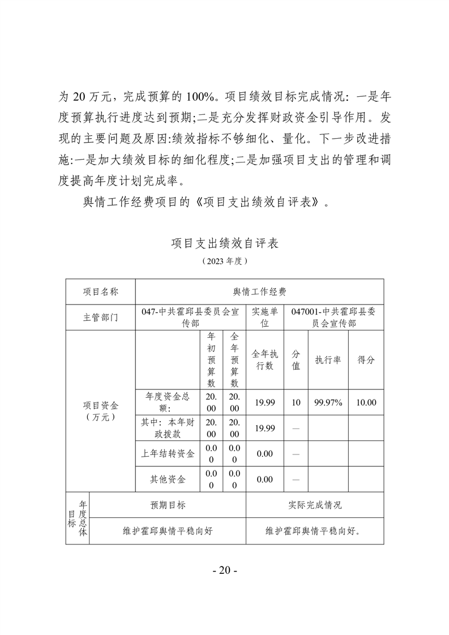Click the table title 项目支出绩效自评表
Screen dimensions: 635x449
(x=224, y=244)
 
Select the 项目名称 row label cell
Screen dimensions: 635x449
(x=100, y=291)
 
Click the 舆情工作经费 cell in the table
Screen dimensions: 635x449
(x=259, y=291)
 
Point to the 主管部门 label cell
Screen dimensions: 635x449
(x=100, y=317)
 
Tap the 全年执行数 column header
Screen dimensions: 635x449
(x=265, y=360)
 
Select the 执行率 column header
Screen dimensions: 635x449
(x=328, y=360)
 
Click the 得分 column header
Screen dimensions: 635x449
(x=366, y=360)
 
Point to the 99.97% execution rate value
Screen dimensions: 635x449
(x=328, y=402)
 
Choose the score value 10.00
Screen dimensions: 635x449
(x=366, y=402)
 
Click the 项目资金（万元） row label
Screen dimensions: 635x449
(x=100, y=411)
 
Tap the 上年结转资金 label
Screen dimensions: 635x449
(x=168, y=454)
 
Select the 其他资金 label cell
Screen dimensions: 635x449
(x=168, y=479)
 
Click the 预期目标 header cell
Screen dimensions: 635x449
(x=168, y=505)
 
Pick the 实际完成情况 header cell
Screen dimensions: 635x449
(x=315, y=505)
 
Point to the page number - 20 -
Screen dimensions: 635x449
(x=224, y=570)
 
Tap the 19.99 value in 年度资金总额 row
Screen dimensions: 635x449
(x=265, y=402)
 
